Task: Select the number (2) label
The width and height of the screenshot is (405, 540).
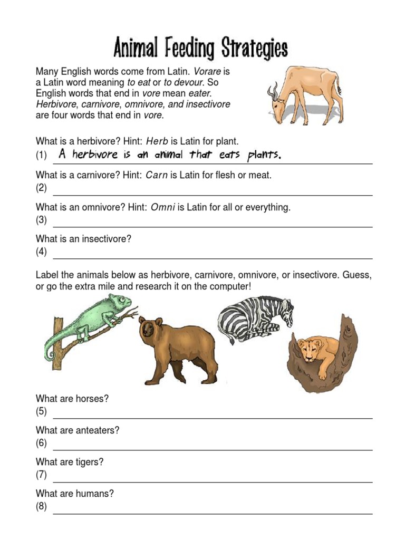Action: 42,188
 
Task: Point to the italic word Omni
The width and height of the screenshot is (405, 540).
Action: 163,207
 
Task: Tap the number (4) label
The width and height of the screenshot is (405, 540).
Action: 42,252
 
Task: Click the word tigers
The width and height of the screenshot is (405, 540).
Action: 91,462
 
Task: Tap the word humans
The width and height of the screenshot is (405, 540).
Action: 99,494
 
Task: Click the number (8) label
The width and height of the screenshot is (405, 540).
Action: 42,507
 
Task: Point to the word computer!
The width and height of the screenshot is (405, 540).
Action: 225,287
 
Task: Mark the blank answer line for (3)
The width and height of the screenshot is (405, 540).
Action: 211,226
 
